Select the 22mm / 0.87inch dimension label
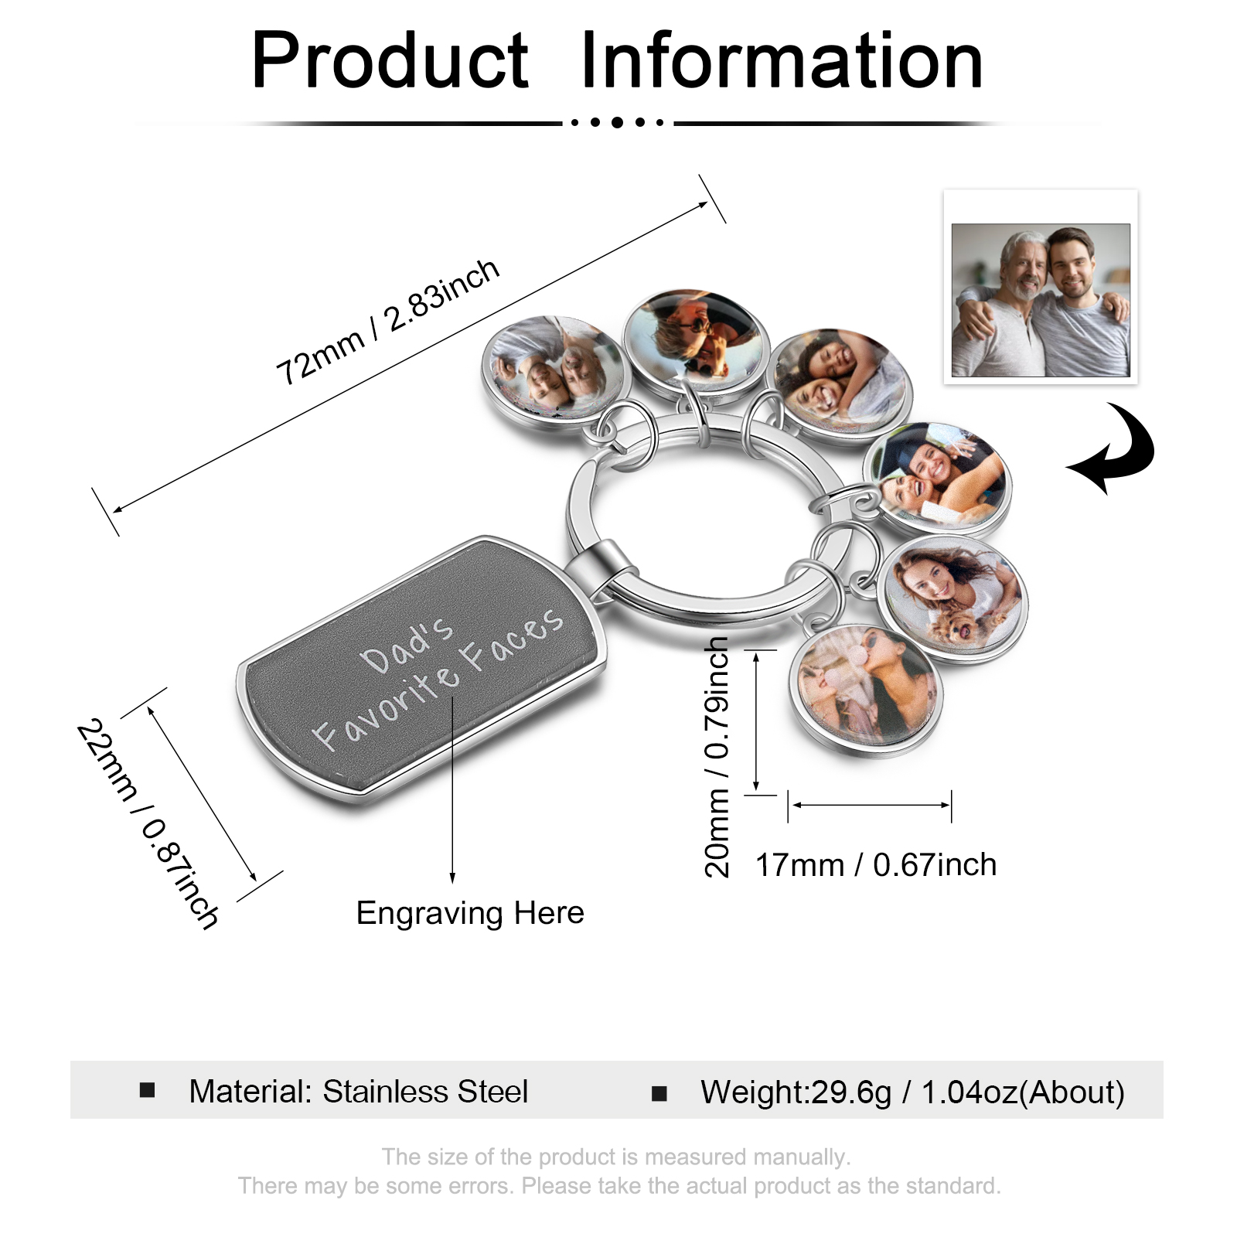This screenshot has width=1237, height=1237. (x=148, y=824)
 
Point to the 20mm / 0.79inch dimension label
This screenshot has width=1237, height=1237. (x=717, y=758)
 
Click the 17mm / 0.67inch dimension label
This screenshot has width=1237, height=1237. (x=876, y=865)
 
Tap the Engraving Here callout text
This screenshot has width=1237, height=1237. (x=470, y=913)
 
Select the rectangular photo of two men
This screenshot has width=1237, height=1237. (x=1041, y=300)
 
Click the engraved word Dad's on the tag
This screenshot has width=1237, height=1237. (x=407, y=646)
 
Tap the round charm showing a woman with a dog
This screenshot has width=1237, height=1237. (x=952, y=599)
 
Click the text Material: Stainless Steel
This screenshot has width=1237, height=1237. (x=359, y=1092)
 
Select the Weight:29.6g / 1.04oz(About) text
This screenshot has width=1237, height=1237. (x=912, y=1092)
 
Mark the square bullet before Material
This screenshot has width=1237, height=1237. (x=148, y=1090)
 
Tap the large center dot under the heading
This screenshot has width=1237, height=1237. (x=617, y=122)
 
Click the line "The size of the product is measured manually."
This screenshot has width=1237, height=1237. (x=616, y=1157)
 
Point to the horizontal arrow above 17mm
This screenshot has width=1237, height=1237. (x=871, y=806)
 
